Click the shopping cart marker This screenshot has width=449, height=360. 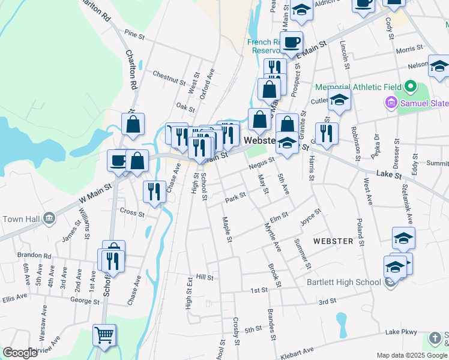104,335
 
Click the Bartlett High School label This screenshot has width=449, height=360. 343,282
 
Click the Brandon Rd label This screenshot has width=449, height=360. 34,255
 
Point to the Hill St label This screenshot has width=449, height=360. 205,277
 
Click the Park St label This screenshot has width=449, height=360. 235,197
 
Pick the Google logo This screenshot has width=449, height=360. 20,353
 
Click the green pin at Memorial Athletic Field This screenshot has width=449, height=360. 411,87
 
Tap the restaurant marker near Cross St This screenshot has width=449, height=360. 154,192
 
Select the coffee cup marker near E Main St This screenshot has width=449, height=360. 292,43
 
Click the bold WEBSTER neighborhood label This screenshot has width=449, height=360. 333,241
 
